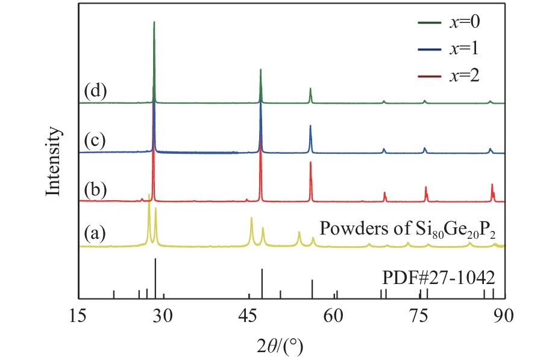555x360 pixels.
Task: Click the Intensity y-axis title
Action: (x=54, y=162)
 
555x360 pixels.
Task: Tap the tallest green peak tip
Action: (x=154, y=22)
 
